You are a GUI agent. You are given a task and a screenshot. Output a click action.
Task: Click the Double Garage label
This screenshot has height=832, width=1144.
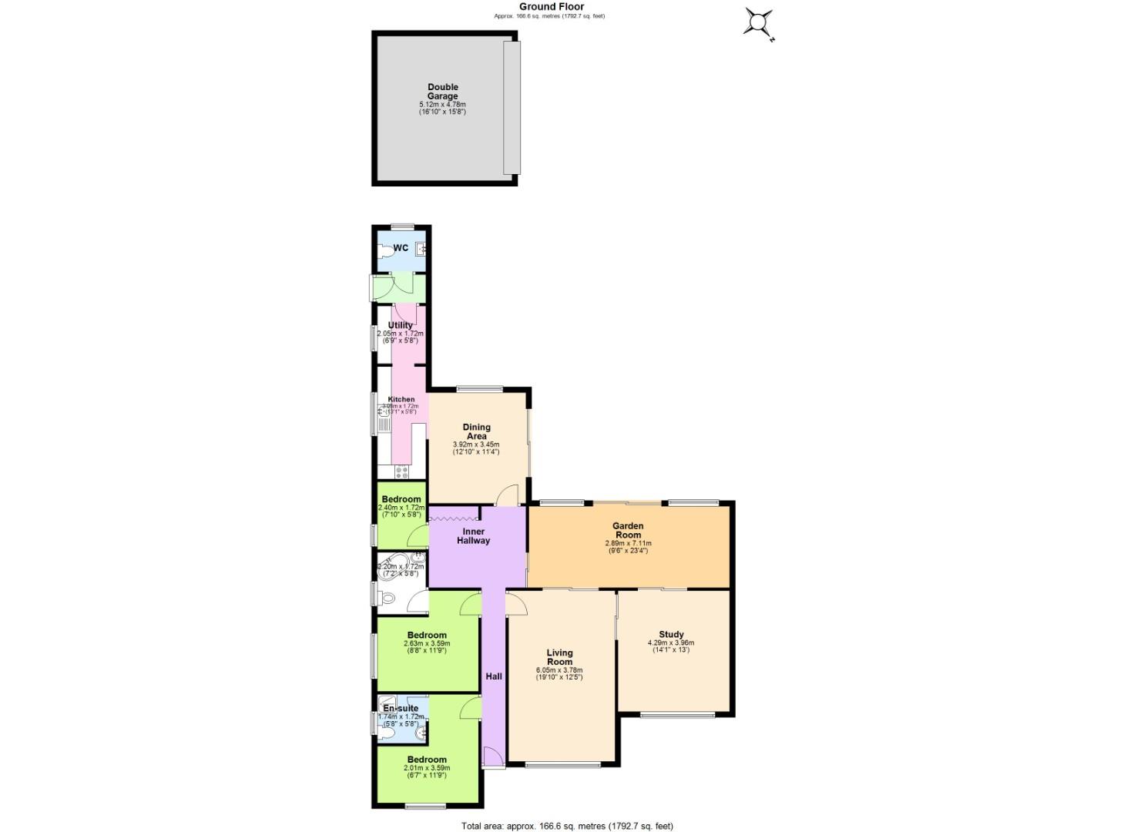(x=442, y=92)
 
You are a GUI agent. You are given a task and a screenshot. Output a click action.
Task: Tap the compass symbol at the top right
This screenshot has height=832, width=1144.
(x=758, y=22)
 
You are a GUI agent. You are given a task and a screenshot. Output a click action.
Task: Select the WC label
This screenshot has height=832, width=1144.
(x=401, y=248)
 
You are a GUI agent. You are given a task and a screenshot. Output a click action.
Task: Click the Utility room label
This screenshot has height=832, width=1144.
(x=401, y=325)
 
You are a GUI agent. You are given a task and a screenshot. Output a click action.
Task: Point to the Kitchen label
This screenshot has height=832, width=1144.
(x=401, y=399)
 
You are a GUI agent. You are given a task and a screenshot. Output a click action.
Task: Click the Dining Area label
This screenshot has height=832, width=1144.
(x=476, y=431)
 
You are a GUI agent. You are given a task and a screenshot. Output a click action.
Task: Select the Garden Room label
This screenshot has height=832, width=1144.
(x=627, y=531)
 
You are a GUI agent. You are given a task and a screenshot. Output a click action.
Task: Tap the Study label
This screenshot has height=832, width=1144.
(x=671, y=635)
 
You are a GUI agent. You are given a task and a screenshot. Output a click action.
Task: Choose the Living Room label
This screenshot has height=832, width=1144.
(x=559, y=657)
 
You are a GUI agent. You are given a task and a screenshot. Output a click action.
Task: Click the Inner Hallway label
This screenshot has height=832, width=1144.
(x=473, y=536)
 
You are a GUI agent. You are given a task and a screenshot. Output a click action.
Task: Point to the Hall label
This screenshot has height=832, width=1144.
(x=494, y=676)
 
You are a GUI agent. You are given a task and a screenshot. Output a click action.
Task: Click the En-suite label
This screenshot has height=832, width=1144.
(x=401, y=708)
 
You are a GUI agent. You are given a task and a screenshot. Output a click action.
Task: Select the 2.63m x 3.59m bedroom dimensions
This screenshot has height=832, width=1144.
(x=427, y=644)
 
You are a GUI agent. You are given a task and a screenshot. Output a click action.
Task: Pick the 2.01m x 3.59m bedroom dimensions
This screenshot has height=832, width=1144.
(x=427, y=768)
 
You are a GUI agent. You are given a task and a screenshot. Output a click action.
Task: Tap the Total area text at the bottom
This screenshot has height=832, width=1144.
(x=567, y=826)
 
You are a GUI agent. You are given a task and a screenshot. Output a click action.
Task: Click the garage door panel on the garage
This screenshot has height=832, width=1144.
(x=512, y=108)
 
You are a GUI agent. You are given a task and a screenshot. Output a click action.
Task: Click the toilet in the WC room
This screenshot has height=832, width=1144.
(x=384, y=250)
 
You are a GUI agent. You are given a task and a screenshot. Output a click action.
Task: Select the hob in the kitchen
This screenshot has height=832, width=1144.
(x=401, y=472)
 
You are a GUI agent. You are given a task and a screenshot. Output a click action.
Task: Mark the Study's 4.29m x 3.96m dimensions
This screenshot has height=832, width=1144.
(x=671, y=643)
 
